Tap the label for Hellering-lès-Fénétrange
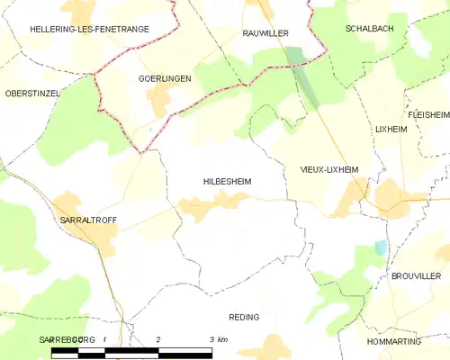(x=76, y=30)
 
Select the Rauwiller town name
(x=265, y=32)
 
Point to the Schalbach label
(x=370, y=29)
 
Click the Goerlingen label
(x=164, y=79)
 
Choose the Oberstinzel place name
(x=31, y=94)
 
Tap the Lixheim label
(x=391, y=130)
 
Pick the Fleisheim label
(x=427, y=115)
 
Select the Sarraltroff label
(x=86, y=220)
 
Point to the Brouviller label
(x=417, y=275)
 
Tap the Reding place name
(x=245, y=317)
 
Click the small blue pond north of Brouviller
(x=381, y=247)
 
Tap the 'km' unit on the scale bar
(x=221, y=339)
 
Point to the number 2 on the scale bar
(x=158, y=339)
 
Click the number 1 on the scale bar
(x=105, y=339)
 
